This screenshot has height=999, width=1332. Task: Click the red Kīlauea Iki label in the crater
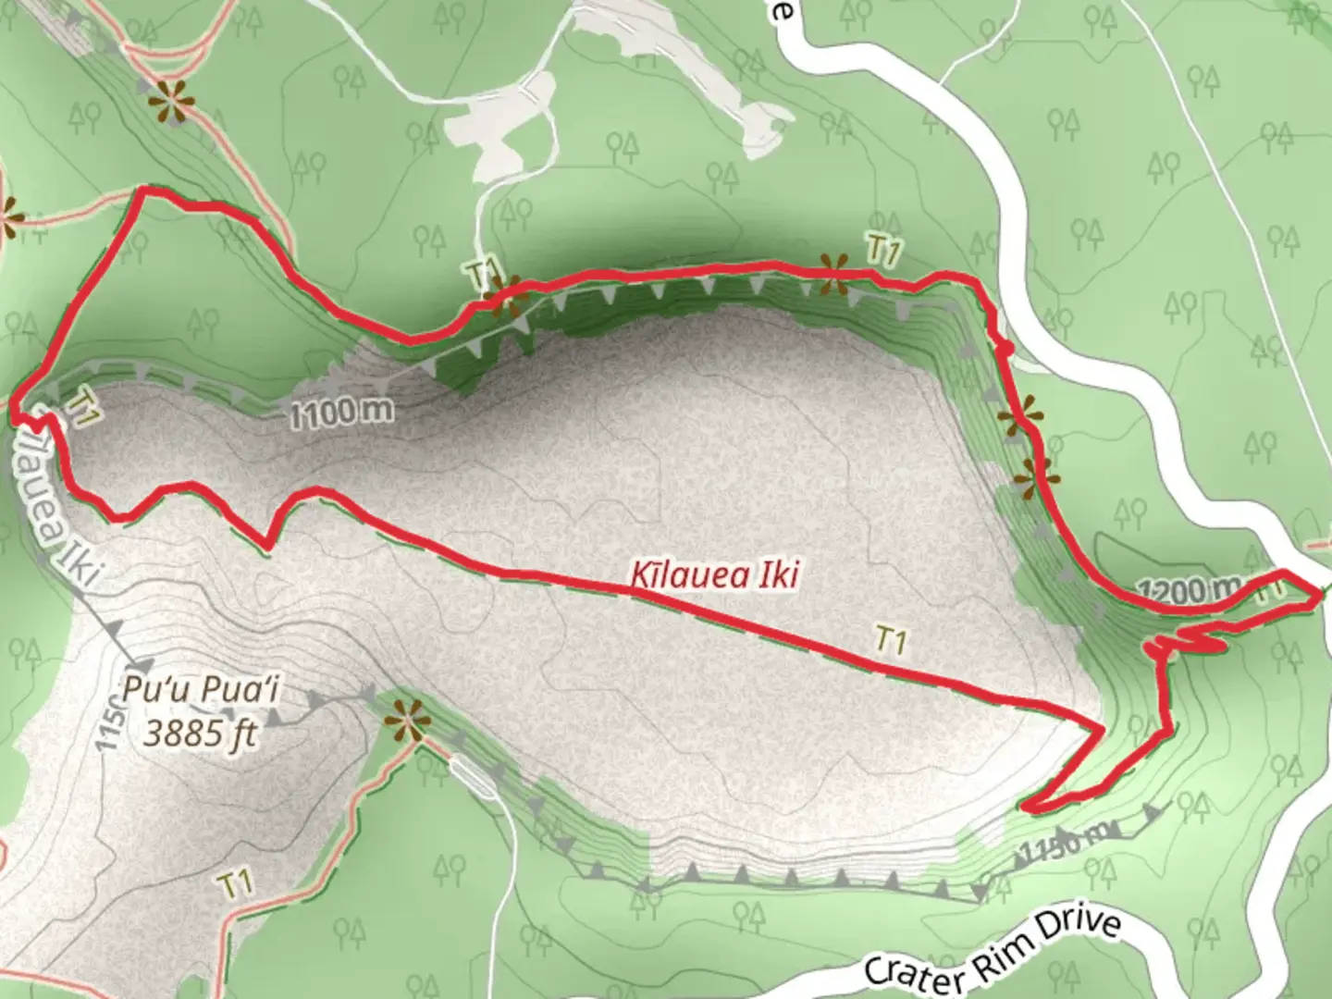(x=714, y=574)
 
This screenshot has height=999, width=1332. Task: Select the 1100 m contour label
(x=341, y=412)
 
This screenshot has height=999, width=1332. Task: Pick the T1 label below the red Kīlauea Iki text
(x=890, y=640)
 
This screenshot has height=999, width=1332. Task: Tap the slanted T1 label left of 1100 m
(x=82, y=406)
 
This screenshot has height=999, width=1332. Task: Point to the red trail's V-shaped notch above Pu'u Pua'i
(x=268, y=546)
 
